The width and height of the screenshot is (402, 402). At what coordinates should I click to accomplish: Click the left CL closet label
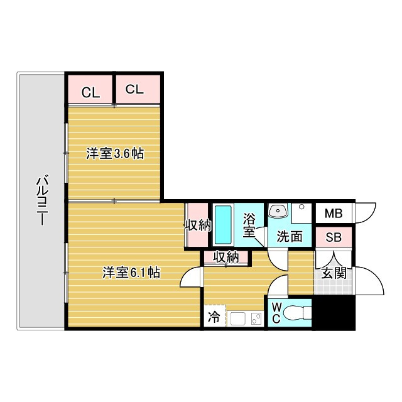(90, 93)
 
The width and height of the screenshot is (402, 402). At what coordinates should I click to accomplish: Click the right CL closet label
(134, 90)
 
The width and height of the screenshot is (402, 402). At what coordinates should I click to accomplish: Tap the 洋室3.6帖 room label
(114, 153)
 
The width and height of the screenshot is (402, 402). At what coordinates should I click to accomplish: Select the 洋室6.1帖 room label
(131, 273)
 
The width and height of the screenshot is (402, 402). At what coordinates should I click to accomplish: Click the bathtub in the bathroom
(222, 225)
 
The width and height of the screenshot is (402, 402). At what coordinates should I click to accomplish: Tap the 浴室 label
(249, 225)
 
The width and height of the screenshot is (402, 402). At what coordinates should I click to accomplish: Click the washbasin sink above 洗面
(278, 212)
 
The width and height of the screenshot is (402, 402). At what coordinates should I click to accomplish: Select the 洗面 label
(290, 236)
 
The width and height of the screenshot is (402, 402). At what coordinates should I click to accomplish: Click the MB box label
(334, 214)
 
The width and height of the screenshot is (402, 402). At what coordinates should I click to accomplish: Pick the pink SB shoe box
(333, 237)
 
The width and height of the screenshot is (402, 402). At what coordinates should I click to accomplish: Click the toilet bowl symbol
(300, 312)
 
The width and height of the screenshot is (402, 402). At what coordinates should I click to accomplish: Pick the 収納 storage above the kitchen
(225, 256)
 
